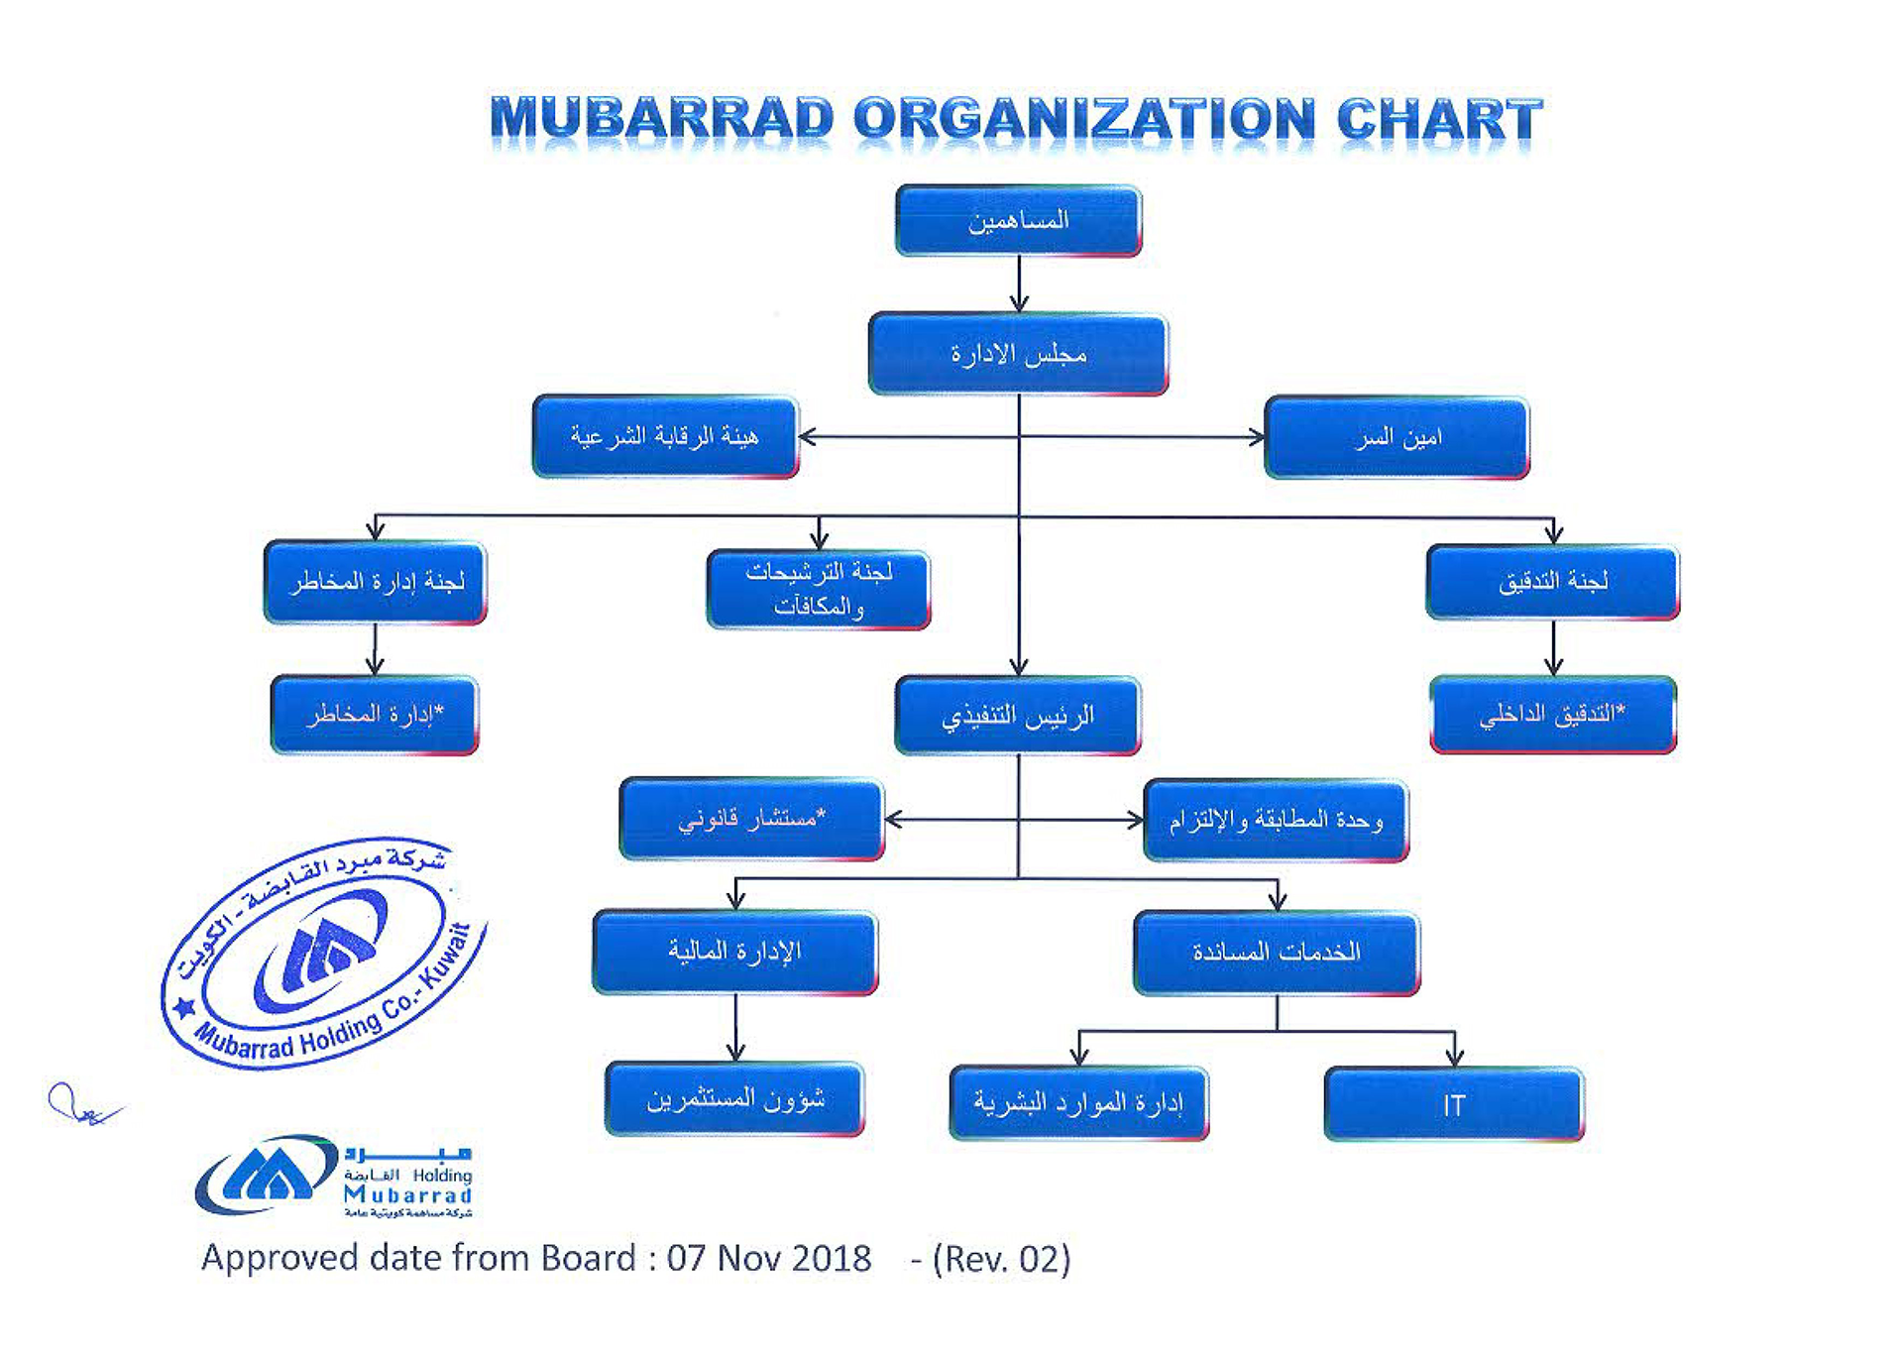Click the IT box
1454,1104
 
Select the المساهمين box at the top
1019,220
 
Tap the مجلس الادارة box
1019,354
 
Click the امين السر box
1398,437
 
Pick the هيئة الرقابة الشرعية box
665,436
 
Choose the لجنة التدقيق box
1553,582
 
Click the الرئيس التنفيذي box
1018,715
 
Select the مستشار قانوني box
751,819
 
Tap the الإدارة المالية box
735,952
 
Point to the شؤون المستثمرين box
735,1099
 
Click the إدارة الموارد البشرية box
1079,1103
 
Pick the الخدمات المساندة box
1277,953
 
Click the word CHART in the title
1439,119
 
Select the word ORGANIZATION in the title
1085,119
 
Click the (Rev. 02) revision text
1002,1259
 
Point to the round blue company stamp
324,953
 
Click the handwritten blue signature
84,1104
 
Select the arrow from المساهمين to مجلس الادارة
1019,284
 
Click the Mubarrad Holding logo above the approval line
334,1177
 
